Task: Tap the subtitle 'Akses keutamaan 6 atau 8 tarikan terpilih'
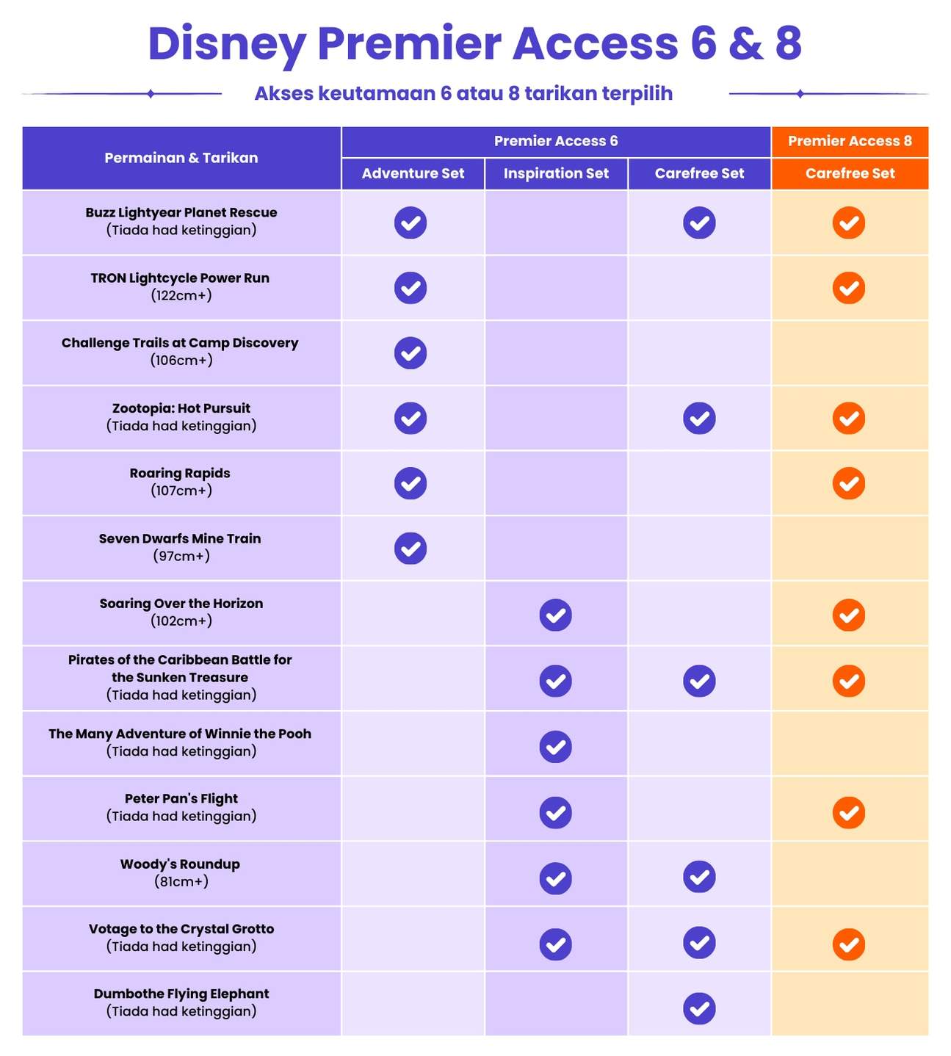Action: [463, 94]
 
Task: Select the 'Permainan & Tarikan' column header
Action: [181, 158]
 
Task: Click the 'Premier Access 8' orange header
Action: [850, 141]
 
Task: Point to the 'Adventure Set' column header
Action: [413, 173]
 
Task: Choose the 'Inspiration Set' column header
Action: [556, 173]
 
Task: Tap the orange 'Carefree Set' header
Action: [850, 173]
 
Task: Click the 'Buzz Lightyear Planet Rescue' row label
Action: [181, 213]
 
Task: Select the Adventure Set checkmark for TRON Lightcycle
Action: [411, 288]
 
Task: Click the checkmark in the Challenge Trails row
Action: [411, 353]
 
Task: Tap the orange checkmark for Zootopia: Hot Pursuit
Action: [849, 419]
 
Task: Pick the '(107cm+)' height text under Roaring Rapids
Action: [181, 491]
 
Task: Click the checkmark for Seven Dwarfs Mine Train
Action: [411, 549]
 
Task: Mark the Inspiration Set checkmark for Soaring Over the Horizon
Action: [556, 615]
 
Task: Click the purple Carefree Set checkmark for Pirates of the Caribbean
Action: [699, 681]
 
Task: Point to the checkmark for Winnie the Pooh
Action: [556, 747]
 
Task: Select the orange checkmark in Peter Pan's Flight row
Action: [849, 813]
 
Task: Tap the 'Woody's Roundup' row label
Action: [180, 864]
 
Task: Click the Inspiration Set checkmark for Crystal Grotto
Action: [556, 944]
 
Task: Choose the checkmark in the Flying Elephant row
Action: [699, 1009]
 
